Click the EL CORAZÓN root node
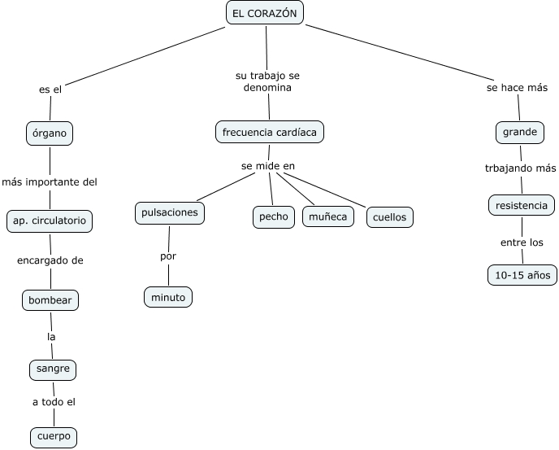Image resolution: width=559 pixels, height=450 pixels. coord(264,13)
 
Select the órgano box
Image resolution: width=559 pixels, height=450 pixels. coord(50,133)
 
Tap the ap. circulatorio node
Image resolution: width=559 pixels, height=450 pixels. coord(50,220)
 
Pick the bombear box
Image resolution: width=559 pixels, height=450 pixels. coord(50,300)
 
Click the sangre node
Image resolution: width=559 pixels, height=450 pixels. coord(53,369)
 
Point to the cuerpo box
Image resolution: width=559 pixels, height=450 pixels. coord(54,436)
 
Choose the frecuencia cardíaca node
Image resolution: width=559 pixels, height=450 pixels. coord(270,131)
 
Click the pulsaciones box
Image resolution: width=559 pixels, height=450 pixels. coord(169,213)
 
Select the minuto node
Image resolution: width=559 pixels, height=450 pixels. coord(168,297)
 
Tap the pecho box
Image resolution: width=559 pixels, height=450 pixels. coord(274,216)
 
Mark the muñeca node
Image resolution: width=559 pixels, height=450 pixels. coord(328,216)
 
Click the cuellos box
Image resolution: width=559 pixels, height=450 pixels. coord(390,217)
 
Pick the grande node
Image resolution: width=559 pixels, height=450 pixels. coord(520,132)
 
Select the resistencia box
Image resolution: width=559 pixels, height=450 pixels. coord(522,205)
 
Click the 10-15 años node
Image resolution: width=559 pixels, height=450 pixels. coord(522,275)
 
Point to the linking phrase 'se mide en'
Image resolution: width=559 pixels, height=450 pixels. coord(267,166)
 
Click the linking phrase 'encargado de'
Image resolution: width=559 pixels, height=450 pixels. coord(50,260)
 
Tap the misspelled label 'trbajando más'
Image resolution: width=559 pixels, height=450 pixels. coord(521,168)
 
